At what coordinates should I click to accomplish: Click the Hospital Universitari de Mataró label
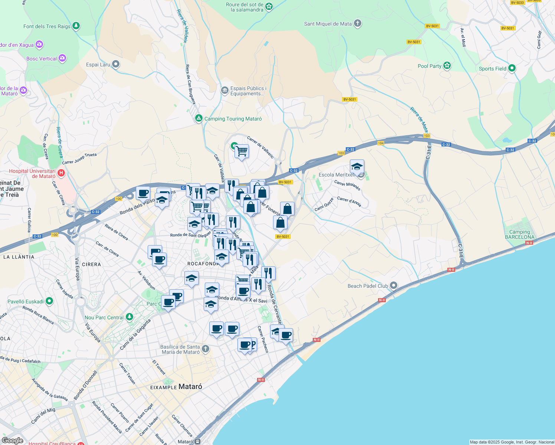pyautogui.click(x=32, y=174)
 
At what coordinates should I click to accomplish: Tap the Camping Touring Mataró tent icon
pyautogui.click(x=199, y=119)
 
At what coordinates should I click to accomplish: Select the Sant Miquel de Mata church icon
pyautogui.click(x=358, y=24)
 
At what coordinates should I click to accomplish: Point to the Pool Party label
pyautogui.click(x=429, y=66)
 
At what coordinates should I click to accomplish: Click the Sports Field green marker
pyautogui.click(x=512, y=68)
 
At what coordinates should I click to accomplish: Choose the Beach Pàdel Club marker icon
pyautogui.click(x=394, y=286)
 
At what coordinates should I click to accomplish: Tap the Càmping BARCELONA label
pyautogui.click(x=519, y=234)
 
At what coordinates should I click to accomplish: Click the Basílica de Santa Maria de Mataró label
pyautogui.click(x=180, y=349)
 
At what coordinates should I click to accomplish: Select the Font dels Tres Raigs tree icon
pyautogui.click(x=76, y=26)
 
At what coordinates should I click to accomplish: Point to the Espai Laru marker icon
pyautogui.click(x=116, y=65)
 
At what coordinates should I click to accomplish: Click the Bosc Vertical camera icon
pyautogui.click(x=62, y=58)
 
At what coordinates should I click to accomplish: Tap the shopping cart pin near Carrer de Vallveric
pyautogui.click(x=242, y=151)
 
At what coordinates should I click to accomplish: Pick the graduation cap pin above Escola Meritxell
pyautogui.click(x=357, y=167)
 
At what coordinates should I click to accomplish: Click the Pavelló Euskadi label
pyautogui.click(x=26, y=301)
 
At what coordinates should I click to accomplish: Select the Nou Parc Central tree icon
pyautogui.click(x=129, y=317)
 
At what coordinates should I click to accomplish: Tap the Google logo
pyautogui.click(x=13, y=440)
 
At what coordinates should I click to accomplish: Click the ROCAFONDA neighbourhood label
pyautogui.click(x=203, y=264)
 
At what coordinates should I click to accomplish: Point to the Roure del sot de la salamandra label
pyautogui.click(x=245, y=7)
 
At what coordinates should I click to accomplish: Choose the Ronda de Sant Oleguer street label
pyautogui.click(x=190, y=235)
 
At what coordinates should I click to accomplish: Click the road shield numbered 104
pyautogui.click(x=381, y=143)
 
